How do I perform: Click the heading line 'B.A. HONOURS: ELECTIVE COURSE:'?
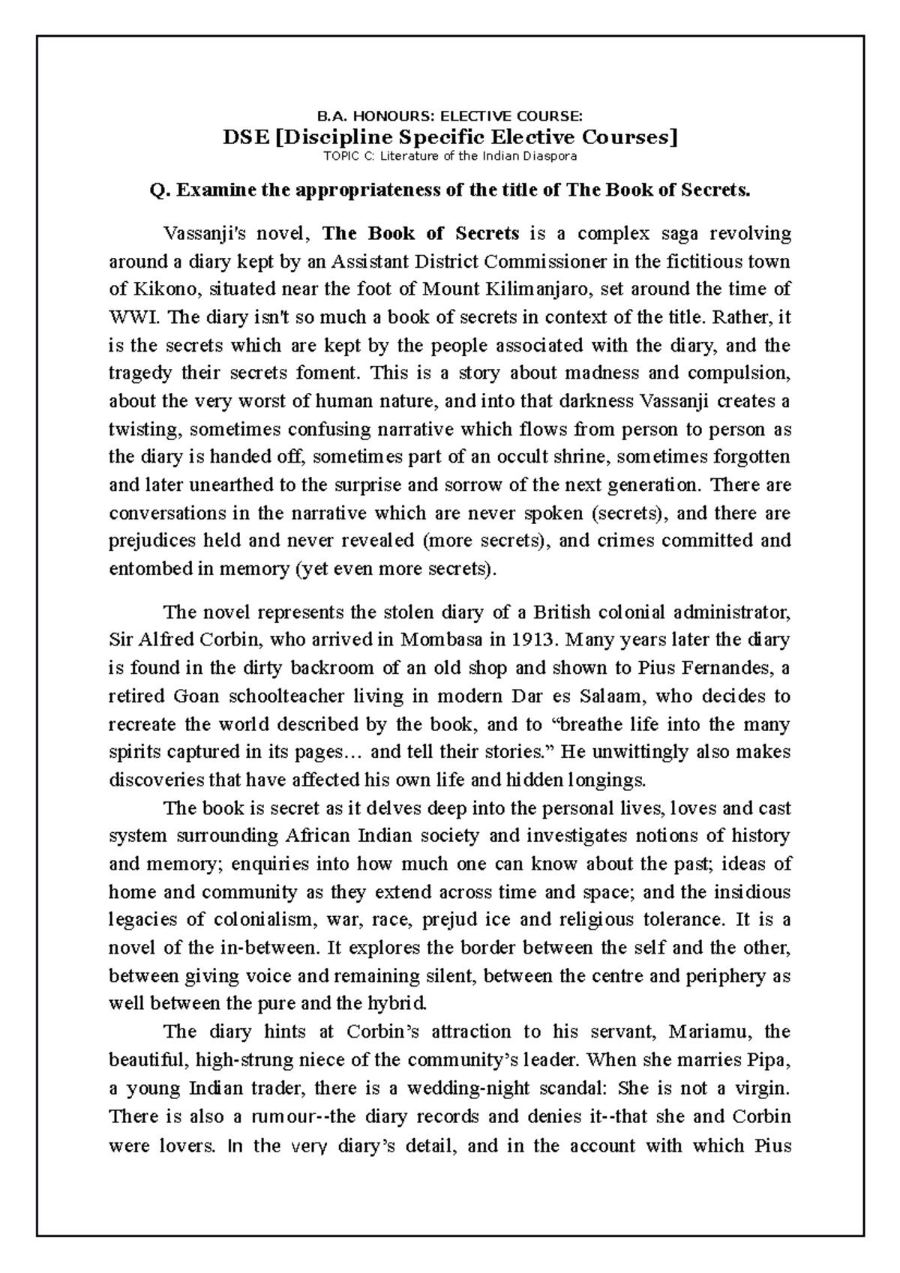[x=450, y=116]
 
